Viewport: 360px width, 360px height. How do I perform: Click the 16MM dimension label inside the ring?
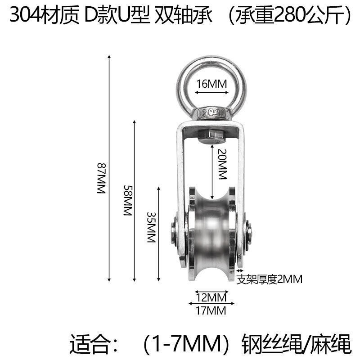coord(211,84)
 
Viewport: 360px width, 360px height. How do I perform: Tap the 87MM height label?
coord(101,178)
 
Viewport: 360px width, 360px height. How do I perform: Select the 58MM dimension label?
coord(128,200)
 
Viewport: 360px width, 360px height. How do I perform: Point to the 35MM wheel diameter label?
coord(152,227)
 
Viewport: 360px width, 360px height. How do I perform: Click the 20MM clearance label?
coord(222,164)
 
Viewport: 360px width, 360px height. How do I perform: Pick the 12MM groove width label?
coord(211,297)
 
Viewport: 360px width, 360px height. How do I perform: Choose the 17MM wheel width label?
coord(211,310)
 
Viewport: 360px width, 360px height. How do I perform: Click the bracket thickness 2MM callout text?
coord(269,279)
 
